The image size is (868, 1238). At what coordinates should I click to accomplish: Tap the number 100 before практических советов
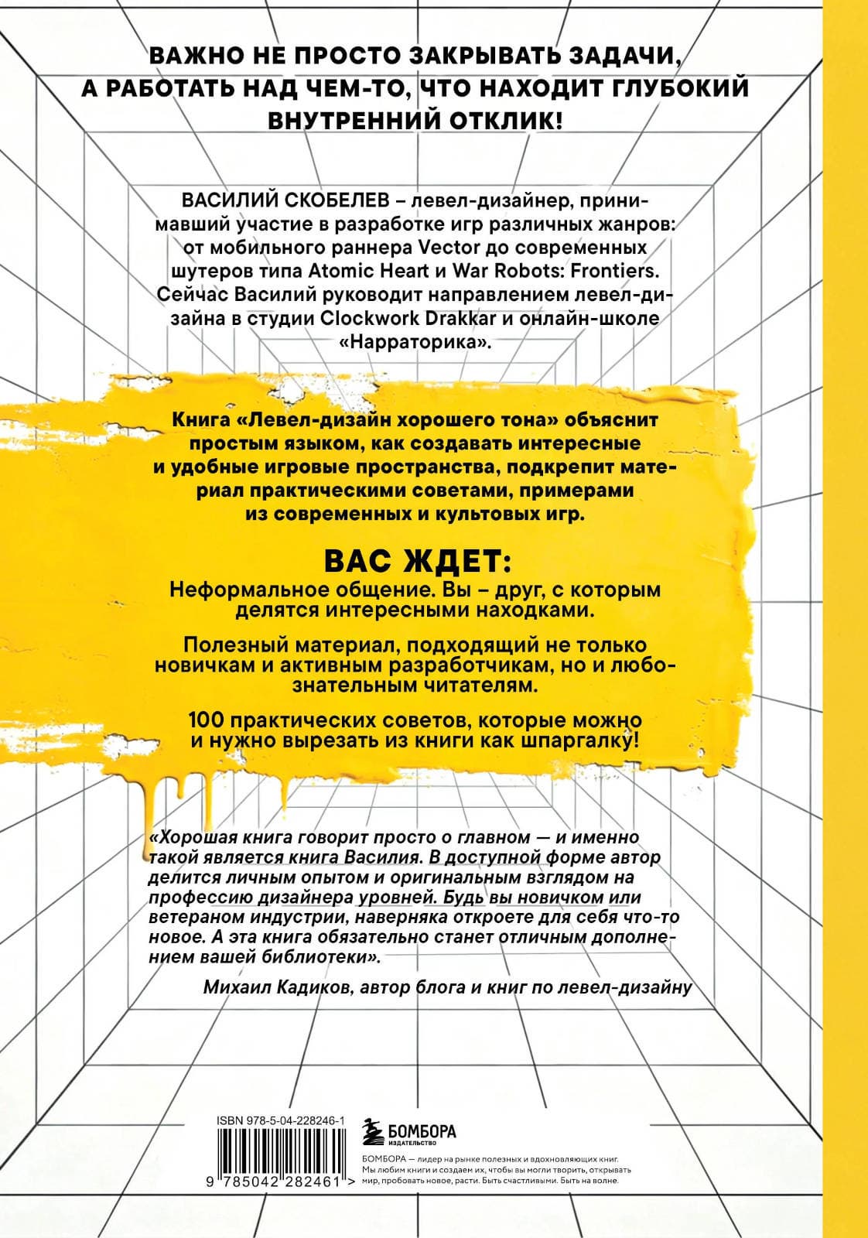coord(205,720)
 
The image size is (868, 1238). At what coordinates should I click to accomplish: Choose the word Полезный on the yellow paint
coord(224,645)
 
